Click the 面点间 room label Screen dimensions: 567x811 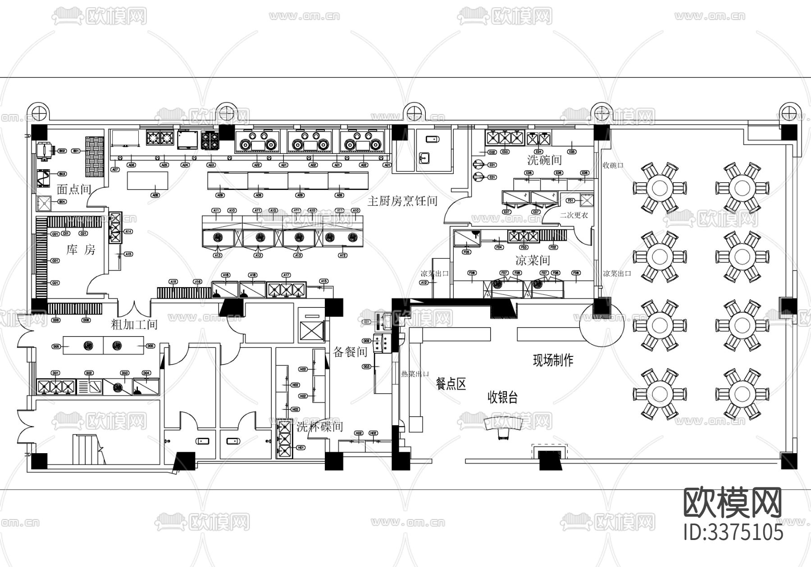tap(73, 189)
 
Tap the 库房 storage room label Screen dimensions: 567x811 tap(81, 250)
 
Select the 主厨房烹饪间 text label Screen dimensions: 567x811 tap(402, 201)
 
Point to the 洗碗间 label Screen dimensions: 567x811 tap(544, 160)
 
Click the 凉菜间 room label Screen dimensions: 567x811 tap(533, 260)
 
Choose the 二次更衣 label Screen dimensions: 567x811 tap(574, 216)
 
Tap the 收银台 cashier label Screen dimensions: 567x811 tap(502, 397)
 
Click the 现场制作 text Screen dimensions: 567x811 tap(553, 360)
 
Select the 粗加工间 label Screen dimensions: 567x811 tap(134, 324)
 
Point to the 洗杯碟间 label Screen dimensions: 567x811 tap(319, 427)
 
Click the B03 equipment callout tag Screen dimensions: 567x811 tap(62, 174)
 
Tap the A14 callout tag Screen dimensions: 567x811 tap(128, 231)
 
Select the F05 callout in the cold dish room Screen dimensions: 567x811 tap(467, 252)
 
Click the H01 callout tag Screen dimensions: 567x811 tap(301, 448)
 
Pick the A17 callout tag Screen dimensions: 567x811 tap(286, 275)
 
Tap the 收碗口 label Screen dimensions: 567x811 tap(613, 165)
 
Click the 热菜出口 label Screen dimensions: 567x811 tap(415, 374)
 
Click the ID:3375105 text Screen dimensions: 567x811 tap(734, 532)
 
